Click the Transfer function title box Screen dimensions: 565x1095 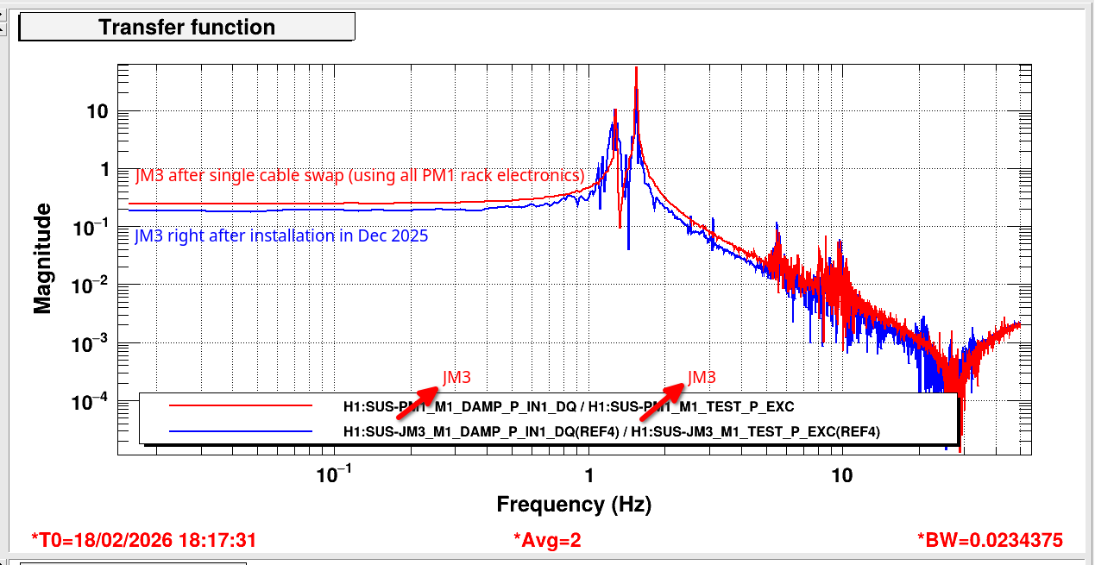pos(186,27)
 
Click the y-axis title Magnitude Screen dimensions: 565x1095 pos(43,258)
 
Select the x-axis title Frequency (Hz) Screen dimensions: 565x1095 pos(573,504)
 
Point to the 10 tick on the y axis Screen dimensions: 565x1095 pos(96,111)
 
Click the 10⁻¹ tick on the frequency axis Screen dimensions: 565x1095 pos(333,474)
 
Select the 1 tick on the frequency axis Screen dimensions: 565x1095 pos(589,475)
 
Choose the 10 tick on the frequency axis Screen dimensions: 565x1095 pos(841,475)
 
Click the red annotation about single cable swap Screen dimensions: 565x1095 pos(360,175)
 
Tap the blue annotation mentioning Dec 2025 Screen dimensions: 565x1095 pos(281,235)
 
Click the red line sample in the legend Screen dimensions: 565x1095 pos(240,405)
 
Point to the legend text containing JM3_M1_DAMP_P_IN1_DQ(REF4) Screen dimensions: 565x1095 pos(610,431)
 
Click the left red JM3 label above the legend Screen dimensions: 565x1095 pos(456,377)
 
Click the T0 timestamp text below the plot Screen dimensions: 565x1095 pos(143,540)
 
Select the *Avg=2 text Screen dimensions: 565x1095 pos(547,540)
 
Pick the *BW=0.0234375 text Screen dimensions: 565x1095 pos(990,540)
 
